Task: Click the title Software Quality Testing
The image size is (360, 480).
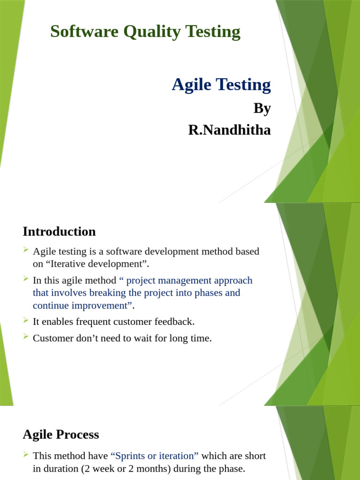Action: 145,32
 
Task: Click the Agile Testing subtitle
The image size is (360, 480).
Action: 221,85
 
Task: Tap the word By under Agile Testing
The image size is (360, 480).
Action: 262,108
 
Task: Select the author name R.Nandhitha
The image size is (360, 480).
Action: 229,130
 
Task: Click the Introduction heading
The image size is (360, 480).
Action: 59,232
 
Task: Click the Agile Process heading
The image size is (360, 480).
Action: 60,435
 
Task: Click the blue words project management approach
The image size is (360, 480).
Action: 189,280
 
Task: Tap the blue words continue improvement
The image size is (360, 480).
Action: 80,305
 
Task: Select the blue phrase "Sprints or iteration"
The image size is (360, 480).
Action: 154,456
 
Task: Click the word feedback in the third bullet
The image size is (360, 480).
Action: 174,322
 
